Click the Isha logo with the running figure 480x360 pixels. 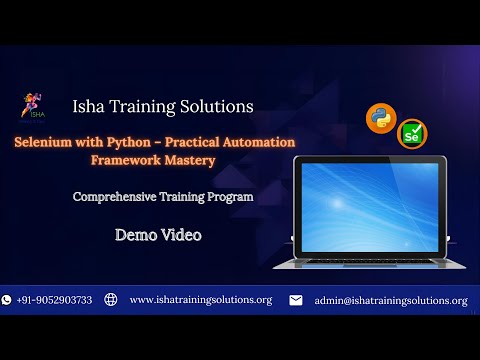(30, 106)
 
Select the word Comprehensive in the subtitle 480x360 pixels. (114, 197)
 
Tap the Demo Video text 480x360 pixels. (158, 235)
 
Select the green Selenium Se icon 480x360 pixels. (410, 133)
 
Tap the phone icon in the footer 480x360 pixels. (7, 300)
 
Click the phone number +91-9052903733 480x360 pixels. (54, 300)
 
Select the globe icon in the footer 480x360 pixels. (111, 300)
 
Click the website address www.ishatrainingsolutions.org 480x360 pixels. (201, 300)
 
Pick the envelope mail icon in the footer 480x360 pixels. (296, 300)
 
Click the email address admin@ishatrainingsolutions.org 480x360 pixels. (390, 300)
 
